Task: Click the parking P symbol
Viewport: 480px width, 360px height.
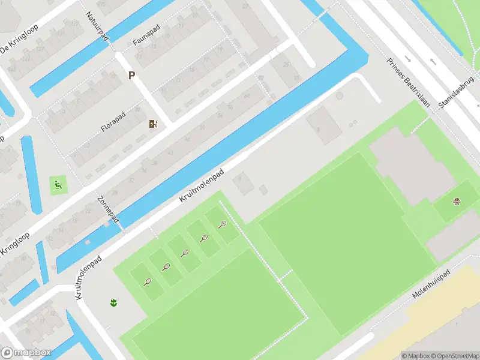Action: [x=131, y=76]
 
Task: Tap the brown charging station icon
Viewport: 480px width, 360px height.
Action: [x=154, y=124]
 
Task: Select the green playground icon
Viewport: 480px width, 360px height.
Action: [x=58, y=184]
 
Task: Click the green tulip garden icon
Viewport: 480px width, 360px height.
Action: [x=113, y=302]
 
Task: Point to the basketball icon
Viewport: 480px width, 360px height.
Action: [x=457, y=202]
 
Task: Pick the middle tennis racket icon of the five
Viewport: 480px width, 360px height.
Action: [x=185, y=253]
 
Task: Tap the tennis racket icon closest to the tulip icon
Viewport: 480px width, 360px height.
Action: [x=147, y=281]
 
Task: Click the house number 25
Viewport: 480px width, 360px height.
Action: [x=286, y=64]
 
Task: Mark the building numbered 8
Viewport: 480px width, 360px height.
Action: [x=318, y=128]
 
